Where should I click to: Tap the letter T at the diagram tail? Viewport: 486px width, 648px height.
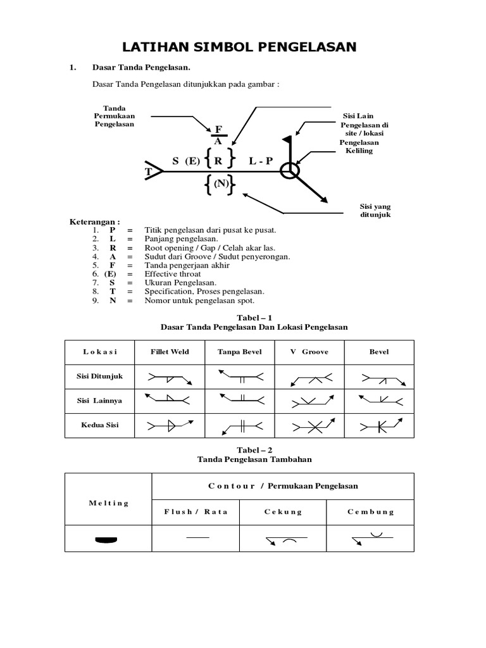point(148,172)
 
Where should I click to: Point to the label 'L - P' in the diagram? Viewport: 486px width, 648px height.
point(261,161)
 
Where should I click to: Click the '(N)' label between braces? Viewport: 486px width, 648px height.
point(220,184)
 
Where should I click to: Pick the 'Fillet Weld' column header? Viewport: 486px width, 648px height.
point(170,352)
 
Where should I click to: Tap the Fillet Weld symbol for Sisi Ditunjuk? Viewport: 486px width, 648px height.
point(170,378)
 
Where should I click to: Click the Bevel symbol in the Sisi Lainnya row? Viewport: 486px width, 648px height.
point(380,400)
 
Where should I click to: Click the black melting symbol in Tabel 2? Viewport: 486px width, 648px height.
point(107,540)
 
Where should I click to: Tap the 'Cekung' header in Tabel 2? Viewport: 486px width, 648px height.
point(283,511)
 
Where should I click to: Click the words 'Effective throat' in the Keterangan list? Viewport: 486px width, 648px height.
point(173,274)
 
